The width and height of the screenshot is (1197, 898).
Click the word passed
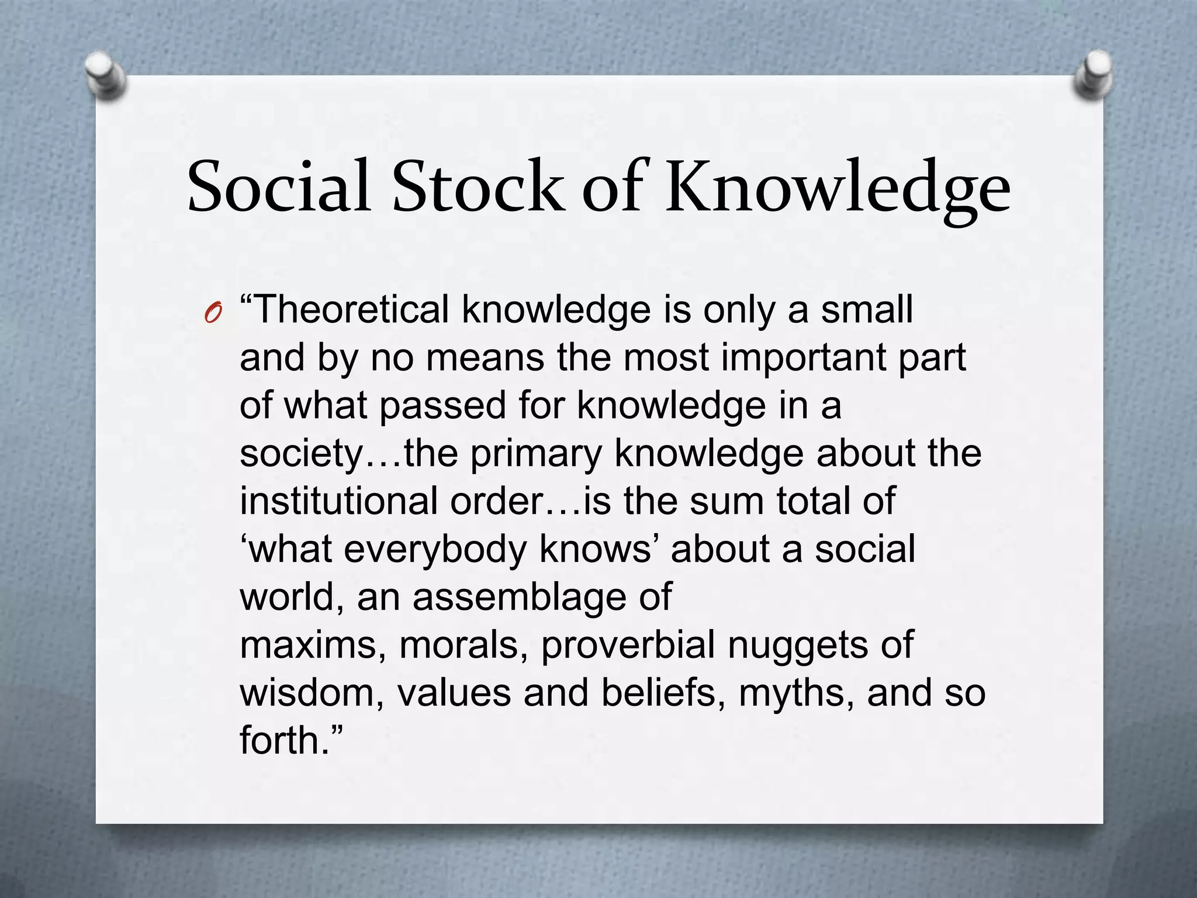coord(442,405)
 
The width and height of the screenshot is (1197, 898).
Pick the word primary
coord(536,454)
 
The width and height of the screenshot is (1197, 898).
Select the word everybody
coord(435,550)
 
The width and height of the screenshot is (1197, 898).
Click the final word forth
coord(279,741)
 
